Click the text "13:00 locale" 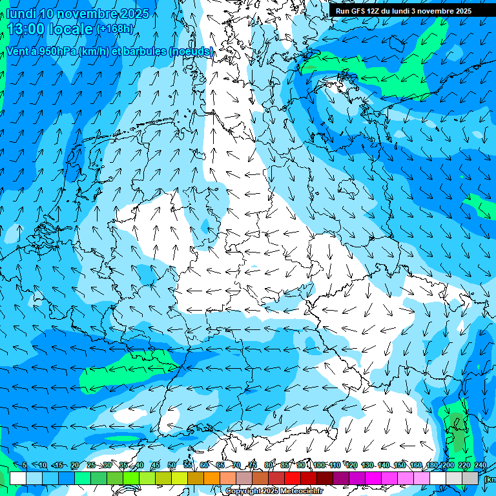(50, 28)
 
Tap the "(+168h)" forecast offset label (114, 28)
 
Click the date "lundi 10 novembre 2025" (77, 14)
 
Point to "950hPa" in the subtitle (55, 51)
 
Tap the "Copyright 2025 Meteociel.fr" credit (274, 491)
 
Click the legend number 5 (25, 465)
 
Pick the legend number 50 (172, 465)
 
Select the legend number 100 (319, 465)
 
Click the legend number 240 (480, 465)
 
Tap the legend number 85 (285, 465)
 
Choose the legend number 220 (464, 465)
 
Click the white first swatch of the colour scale (17, 478)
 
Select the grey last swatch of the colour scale (470, 478)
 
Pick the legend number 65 (220, 465)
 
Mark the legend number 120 (351, 465)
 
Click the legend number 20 (75, 465)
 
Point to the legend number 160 (416, 465)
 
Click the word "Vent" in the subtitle (19, 51)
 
